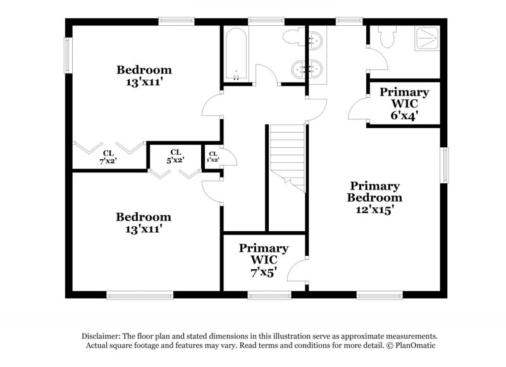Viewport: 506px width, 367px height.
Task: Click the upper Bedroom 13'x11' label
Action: tap(144, 75)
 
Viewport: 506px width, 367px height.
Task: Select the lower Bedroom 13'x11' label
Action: tap(143, 223)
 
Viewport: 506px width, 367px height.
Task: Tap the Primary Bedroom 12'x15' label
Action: tap(374, 198)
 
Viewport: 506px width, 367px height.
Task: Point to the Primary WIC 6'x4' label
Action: tap(404, 104)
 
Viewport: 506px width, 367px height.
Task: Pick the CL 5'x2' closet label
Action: tap(175, 155)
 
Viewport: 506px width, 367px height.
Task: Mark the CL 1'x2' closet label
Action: tap(213, 157)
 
